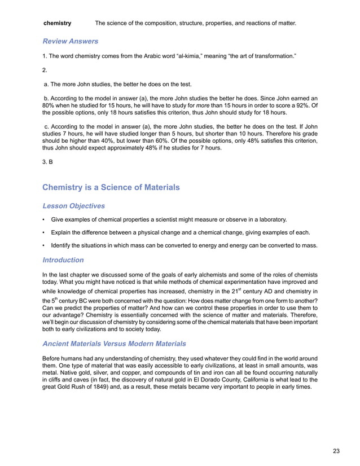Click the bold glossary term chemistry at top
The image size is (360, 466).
coord(58,23)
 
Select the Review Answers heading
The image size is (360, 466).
coord(71,41)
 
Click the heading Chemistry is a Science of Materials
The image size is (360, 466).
coord(111,187)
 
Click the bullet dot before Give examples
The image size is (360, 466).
coord(45,219)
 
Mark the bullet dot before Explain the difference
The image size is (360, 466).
coord(45,232)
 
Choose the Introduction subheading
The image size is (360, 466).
coord(63,260)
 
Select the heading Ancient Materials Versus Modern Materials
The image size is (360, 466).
coord(117,344)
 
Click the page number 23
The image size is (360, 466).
coord(336,450)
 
